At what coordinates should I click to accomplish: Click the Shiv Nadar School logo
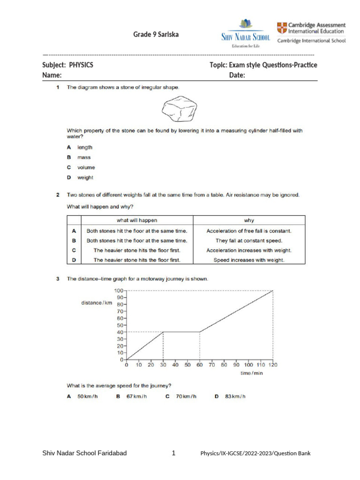[x=245, y=34]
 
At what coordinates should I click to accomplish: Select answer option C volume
[x=86, y=167]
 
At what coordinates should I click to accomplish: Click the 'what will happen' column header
[x=137, y=220]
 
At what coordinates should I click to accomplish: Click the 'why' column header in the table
[x=249, y=220]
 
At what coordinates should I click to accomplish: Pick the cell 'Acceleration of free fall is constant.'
[x=249, y=231]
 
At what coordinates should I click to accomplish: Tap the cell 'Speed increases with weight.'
[x=249, y=260]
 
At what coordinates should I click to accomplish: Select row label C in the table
[x=74, y=250]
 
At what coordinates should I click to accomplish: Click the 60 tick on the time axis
[x=200, y=364]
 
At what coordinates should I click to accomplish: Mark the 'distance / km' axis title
[x=97, y=303]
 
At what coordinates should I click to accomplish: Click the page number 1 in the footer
[x=173, y=453]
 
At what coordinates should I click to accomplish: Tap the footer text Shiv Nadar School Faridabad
[x=84, y=453]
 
